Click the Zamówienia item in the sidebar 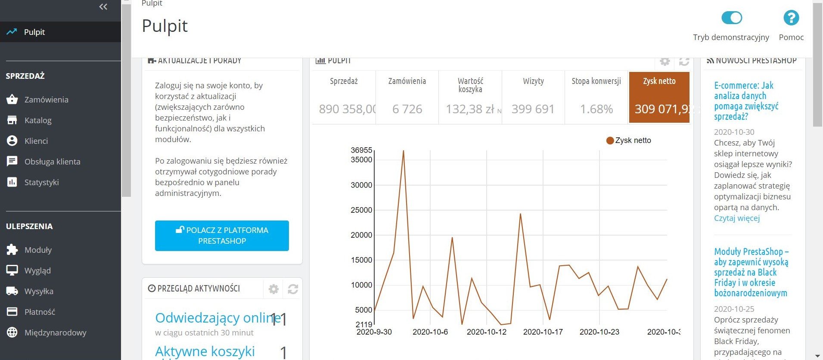46,99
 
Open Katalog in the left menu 38,120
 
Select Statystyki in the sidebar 41,182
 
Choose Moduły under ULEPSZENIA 38,250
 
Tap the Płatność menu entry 40,312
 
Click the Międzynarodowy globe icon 12,332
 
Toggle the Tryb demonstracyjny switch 731,18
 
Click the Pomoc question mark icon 791,18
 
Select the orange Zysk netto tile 659,97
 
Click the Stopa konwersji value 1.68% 596,109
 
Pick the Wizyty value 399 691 533,109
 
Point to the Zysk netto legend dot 610,140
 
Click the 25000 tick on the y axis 361,210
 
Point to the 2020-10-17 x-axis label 543,332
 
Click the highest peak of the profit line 403,151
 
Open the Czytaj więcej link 736,218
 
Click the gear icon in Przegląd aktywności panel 273,289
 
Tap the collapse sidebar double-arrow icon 103,6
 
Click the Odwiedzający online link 217,318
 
